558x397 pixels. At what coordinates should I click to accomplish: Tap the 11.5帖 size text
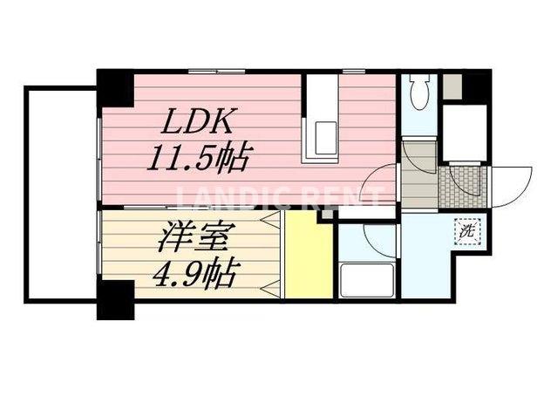tap(198, 160)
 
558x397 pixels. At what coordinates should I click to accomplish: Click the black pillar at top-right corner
tap(476, 86)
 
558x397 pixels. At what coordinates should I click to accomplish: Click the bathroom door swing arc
tap(374, 236)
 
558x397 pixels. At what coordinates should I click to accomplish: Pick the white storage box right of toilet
tap(463, 131)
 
